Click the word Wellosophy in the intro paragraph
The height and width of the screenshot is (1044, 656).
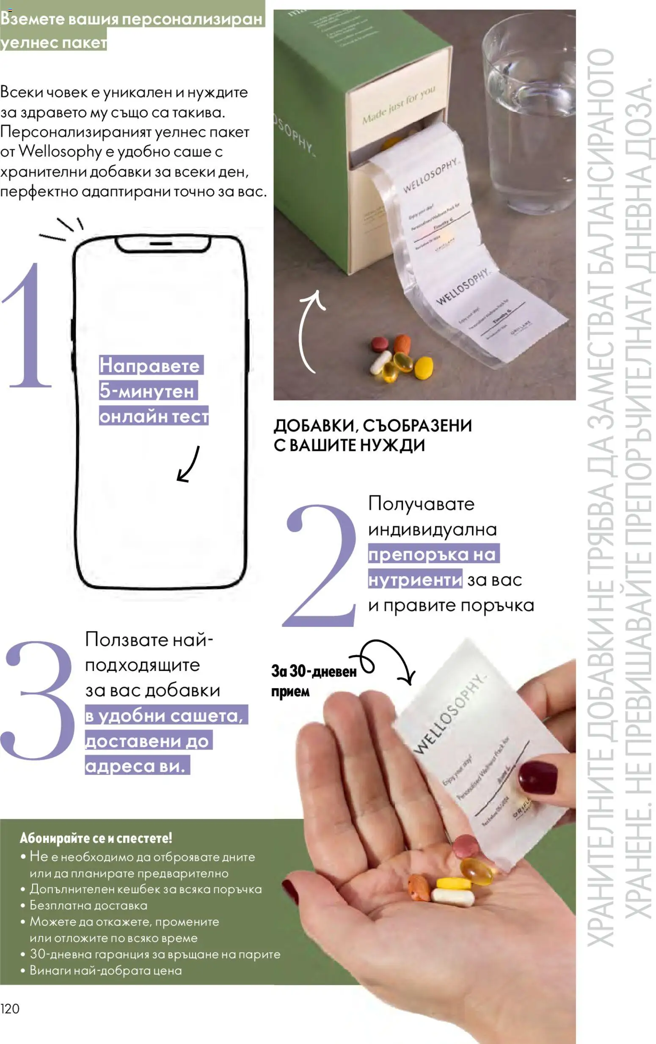(60, 151)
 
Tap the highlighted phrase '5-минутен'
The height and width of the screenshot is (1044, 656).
(148, 390)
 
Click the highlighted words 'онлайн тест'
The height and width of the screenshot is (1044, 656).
(154, 416)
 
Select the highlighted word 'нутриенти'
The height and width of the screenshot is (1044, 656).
(415, 579)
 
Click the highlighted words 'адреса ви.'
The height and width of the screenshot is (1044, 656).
(137, 766)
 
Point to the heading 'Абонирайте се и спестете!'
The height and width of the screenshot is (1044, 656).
(96, 838)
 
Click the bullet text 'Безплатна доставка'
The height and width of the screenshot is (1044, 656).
(88, 905)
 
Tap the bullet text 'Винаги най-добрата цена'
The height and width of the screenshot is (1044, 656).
(105, 970)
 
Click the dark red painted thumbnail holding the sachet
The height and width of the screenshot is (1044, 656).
(537, 778)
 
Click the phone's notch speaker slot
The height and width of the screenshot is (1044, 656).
(161, 244)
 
